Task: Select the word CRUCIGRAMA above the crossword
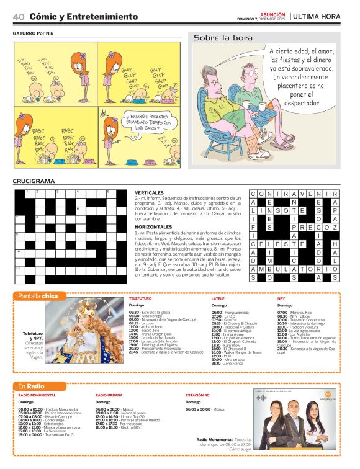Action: point(34,181)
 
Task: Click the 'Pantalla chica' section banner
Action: point(38,296)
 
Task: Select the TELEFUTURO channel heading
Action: point(140,299)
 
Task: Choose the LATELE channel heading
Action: point(218,299)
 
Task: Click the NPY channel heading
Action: point(281,299)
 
